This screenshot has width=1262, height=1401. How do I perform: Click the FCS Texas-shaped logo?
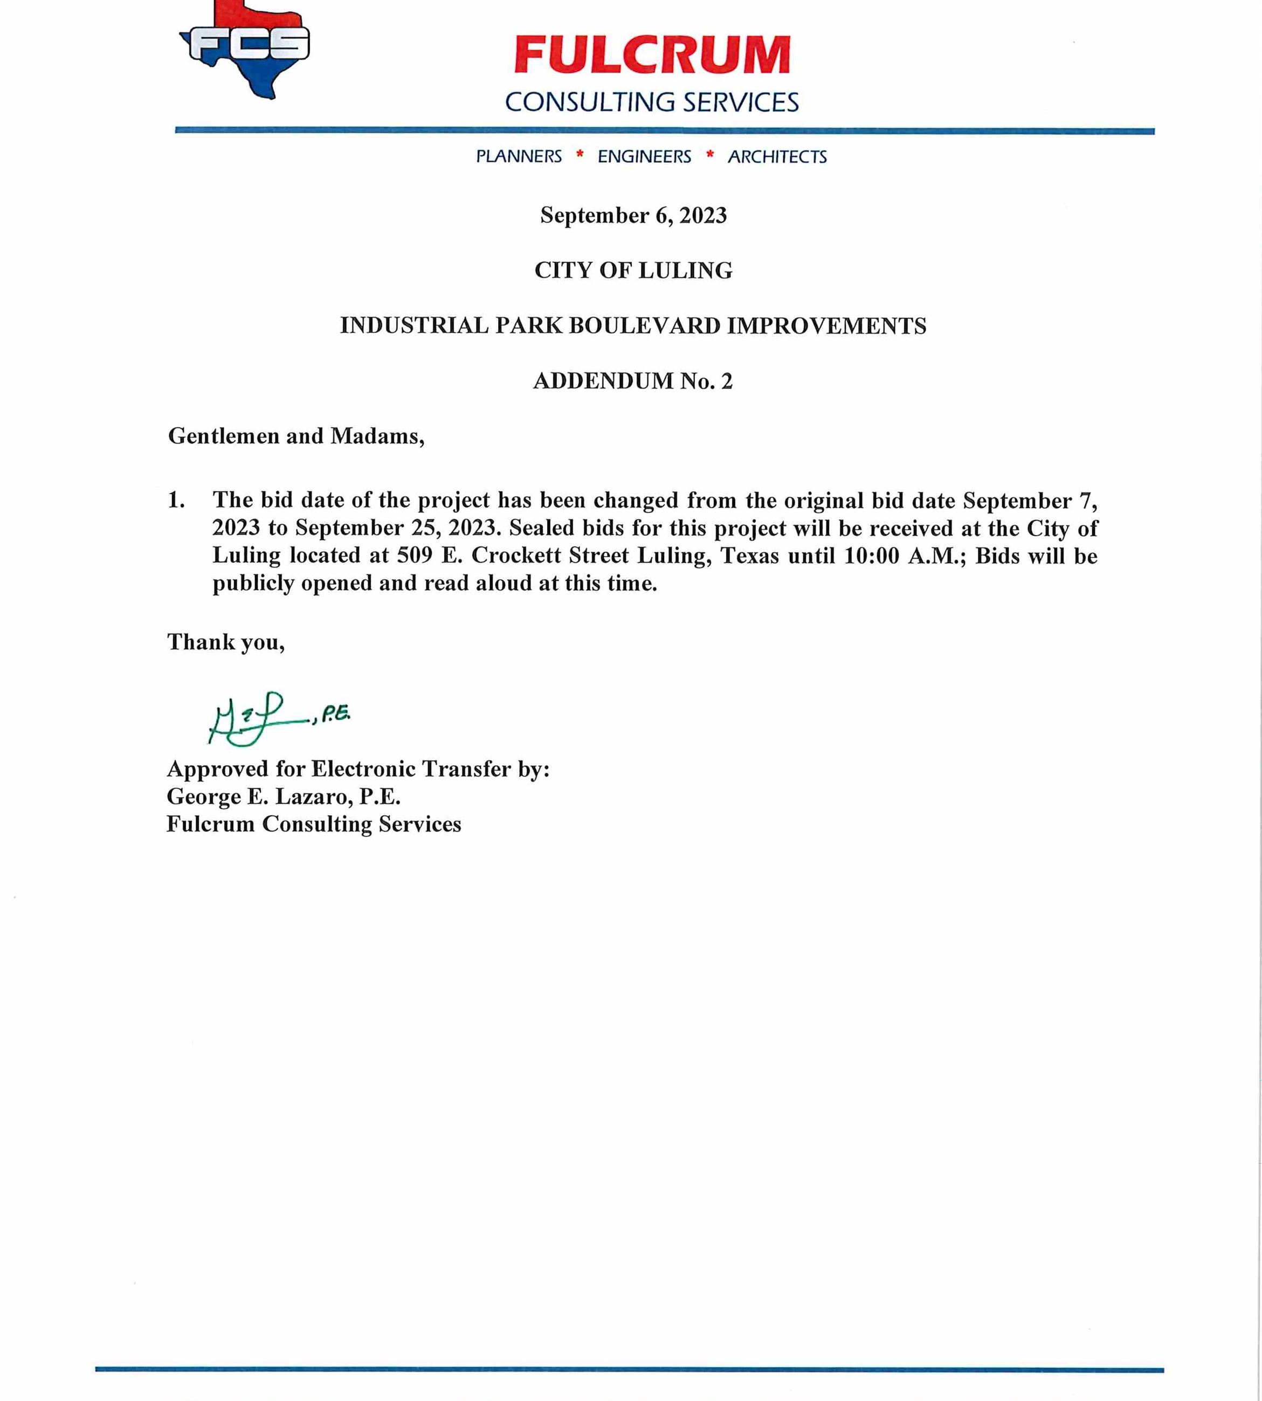tap(246, 48)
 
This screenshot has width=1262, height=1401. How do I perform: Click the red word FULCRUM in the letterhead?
tap(652, 56)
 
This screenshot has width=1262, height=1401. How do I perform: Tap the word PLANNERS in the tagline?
tap(519, 157)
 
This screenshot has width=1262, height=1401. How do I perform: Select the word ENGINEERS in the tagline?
tap(644, 157)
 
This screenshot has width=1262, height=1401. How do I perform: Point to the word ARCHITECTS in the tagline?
tap(777, 157)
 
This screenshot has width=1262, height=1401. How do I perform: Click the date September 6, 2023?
tap(633, 216)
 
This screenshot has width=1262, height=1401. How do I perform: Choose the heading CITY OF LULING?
tap(633, 271)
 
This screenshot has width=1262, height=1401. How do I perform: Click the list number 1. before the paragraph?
tap(176, 500)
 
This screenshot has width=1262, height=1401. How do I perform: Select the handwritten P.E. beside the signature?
tap(336, 713)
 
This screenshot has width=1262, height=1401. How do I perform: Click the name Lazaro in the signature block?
tap(313, 796)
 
